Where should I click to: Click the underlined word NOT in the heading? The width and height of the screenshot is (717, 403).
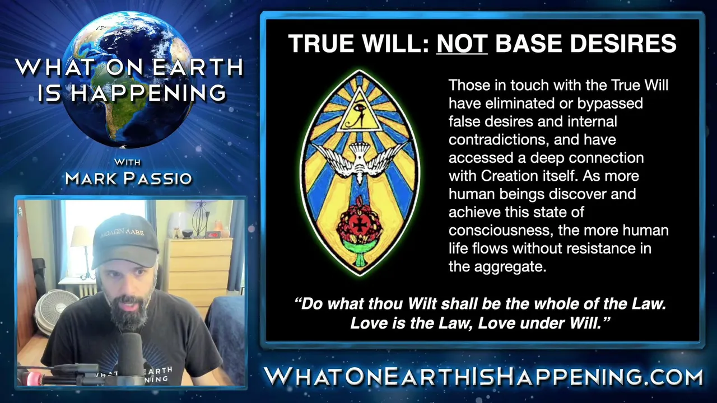[x=462, y=43]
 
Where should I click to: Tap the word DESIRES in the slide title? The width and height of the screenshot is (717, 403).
[x=623, y=43]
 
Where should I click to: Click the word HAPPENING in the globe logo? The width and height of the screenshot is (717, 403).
[x=148, y=93]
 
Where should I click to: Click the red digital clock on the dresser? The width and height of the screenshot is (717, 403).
[x=213, y=235]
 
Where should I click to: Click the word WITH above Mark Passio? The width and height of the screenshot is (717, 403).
[x=127, y=162]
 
